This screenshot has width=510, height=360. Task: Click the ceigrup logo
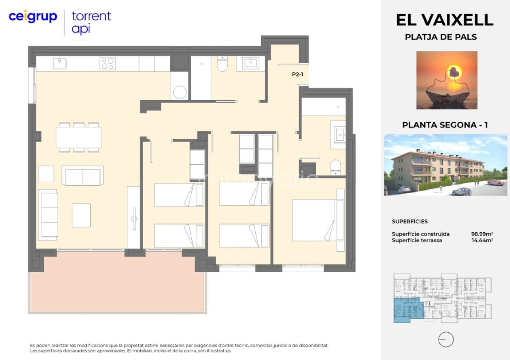(x=33, y=16)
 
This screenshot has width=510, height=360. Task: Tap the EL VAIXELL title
(x=445, y=20)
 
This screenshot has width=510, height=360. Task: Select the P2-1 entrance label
(x=297, y=74)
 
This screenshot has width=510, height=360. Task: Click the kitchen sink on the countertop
(x=60, y=63)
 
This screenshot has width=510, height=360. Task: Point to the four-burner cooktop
(x=107, y=63)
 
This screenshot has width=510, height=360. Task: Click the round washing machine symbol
(x=180, y=92)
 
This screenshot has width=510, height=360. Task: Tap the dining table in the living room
(x=79, y=138)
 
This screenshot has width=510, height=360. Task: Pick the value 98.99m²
(x=482, y=234)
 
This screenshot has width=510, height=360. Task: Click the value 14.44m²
(x=482, y=240)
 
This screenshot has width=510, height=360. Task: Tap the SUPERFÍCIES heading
(x=409, y=221)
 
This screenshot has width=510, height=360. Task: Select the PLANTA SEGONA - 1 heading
(x=445, y=125)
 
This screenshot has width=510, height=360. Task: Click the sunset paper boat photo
(x=447, y=80)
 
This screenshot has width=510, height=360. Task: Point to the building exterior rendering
(x=445, y=165)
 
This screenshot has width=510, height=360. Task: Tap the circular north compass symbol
(x=446, y=339)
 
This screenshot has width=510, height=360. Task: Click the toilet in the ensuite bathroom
(x=336, y=167)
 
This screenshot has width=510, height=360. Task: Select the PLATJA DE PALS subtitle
(x=441, y=37)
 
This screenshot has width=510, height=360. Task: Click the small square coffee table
(x=81, y=215)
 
